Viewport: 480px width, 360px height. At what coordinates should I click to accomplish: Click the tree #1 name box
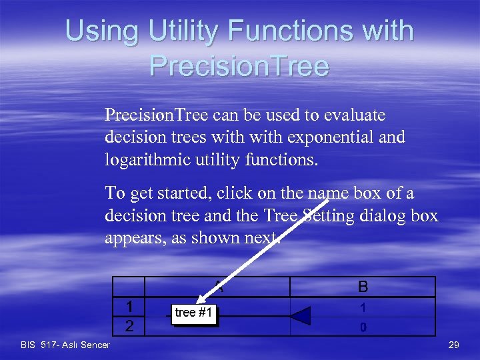click(195, 313)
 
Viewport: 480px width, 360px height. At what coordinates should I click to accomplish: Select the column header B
click(363, 287)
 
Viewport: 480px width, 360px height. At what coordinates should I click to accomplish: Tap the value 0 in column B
click(363, 327)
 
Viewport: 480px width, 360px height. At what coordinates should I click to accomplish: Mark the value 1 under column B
click(363, 308)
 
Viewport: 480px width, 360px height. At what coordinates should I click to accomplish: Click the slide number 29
click(454, 344)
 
